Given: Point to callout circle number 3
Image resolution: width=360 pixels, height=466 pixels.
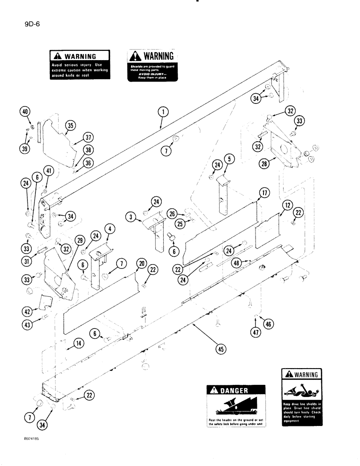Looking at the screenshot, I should tap(131, 217).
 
